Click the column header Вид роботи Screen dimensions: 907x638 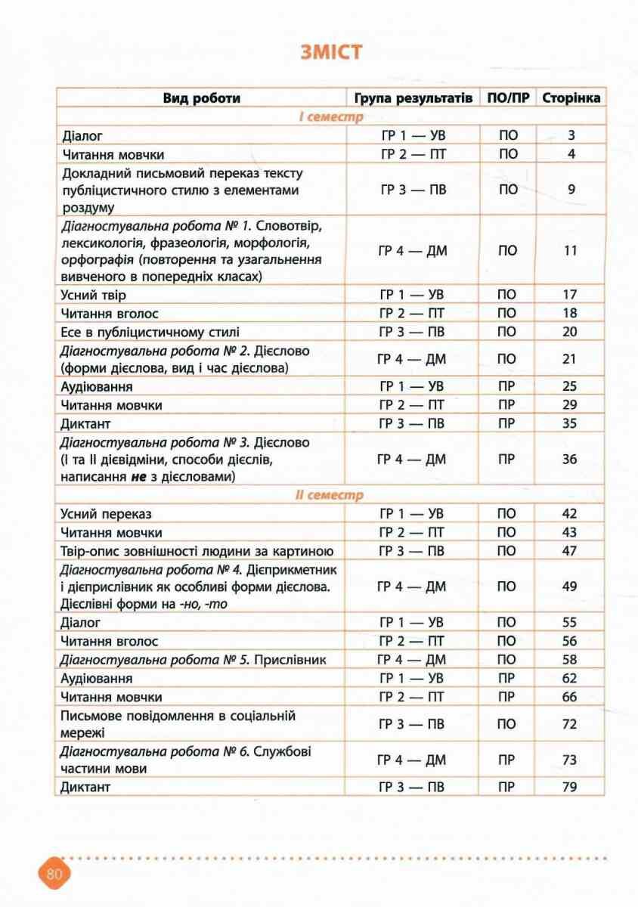click(202, 98)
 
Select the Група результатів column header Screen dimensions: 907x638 click(413, 98)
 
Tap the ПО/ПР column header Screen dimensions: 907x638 click(508, 98)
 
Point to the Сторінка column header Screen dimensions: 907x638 click(571, 98)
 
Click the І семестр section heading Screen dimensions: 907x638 click(330, 117)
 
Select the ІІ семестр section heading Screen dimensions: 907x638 click(330, 495)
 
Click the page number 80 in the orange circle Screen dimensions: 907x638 click(54, 874)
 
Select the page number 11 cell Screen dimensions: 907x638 click(571, 250)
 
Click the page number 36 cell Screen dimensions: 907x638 click(571, 460)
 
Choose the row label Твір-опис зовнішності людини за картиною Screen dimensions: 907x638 click(197, 550)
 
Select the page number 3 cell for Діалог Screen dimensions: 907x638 click(571, 136)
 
